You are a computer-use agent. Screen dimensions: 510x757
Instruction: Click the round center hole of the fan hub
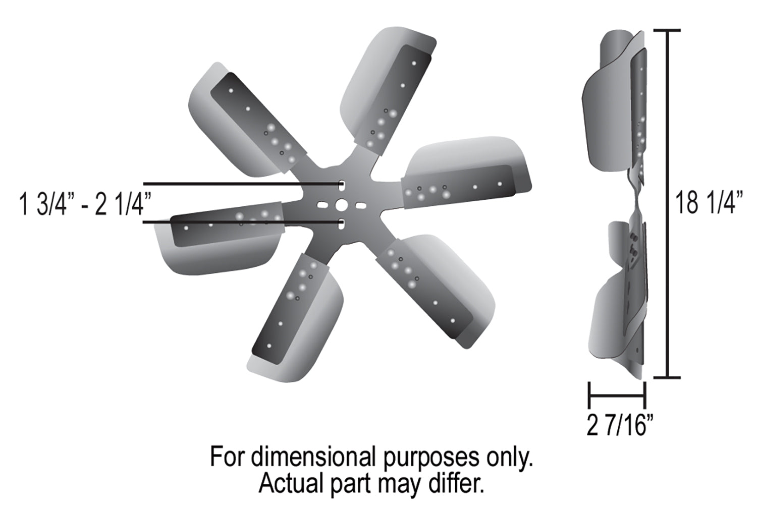[341, 204]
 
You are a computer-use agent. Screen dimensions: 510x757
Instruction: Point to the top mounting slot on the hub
[342, 185]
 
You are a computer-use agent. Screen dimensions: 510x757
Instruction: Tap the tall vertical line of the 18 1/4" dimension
[670, 202]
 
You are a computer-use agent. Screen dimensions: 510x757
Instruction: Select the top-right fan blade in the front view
[391, 91]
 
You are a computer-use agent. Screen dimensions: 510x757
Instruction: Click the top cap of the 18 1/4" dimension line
[670, 31]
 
